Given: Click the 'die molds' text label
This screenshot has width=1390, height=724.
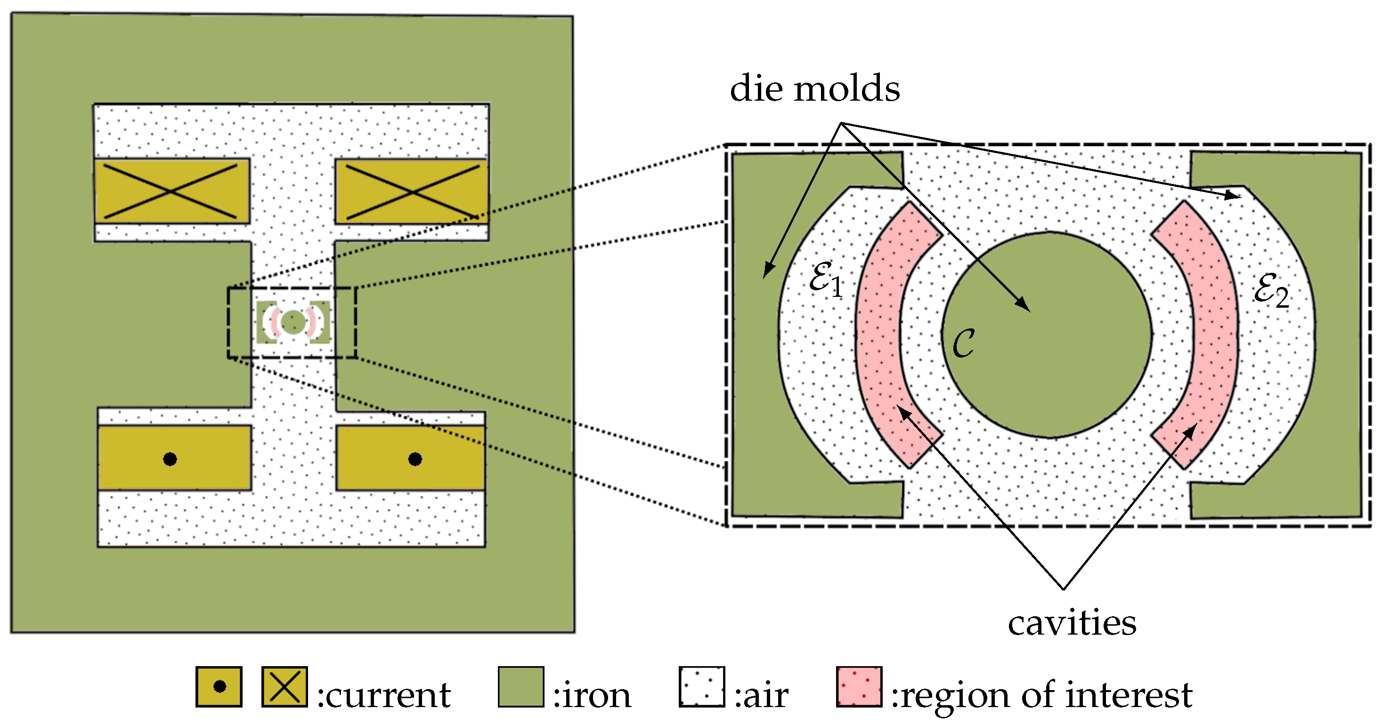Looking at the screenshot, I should pos(814,89).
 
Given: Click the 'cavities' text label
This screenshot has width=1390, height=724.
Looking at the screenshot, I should pos(1072,624).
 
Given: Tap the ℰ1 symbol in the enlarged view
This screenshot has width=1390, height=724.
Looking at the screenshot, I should pos(825,278).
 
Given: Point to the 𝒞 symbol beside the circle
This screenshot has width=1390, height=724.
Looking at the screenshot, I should pos(963,343).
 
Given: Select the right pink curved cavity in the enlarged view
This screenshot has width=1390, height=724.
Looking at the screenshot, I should pos(1214,334).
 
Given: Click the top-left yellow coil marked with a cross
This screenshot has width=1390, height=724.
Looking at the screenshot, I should pos(171,191).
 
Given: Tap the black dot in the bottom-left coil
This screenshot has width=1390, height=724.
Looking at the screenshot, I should pos(170,459).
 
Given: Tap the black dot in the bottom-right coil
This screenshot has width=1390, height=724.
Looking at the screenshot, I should pos(415,459).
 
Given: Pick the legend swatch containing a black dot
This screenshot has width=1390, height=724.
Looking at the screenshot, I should pos(219,687).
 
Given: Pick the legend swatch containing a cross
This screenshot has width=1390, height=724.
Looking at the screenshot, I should pos(285,687).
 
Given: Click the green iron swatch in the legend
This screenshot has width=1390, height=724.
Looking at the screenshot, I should pos(520,687).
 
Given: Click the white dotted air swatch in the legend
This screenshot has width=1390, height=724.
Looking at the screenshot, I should pos(701,687).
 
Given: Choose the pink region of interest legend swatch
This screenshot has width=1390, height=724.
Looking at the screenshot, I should pos(859,687).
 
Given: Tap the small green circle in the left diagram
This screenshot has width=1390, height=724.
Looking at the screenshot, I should pos(293,322).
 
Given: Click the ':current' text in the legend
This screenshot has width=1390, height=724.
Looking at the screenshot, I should pos(384,696).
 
